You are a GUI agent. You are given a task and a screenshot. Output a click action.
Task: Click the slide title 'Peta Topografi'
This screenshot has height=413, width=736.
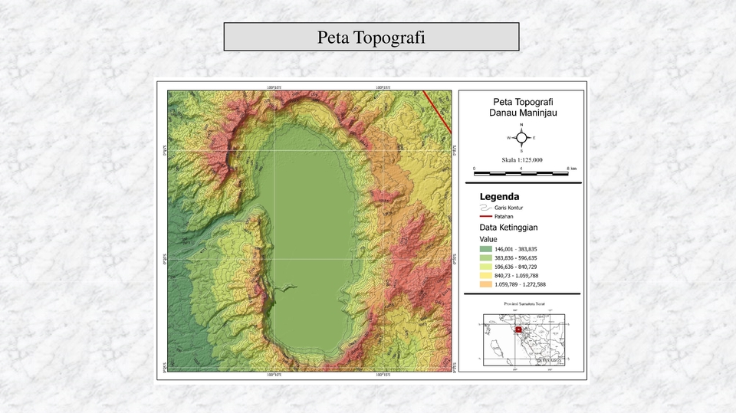tap(371, 37)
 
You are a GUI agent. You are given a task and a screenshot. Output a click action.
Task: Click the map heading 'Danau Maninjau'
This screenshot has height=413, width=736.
tap(522, 113)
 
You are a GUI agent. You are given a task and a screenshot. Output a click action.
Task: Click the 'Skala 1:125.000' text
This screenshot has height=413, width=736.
tap(521, 159)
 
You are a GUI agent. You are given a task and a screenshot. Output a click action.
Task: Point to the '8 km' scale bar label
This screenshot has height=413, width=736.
tap(571, 168)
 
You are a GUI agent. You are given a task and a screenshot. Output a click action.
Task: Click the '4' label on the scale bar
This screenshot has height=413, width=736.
tap(521, 168)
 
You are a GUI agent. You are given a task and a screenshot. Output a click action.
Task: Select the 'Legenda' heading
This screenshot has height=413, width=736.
tap(499, 197)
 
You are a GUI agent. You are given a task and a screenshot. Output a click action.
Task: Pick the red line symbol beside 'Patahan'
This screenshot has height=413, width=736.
tap(485, 217)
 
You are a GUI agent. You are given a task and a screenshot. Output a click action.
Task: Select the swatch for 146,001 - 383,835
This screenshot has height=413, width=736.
tap(485, 250)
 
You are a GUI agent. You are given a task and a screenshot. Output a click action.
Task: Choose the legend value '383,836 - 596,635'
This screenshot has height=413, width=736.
tap(516, 258)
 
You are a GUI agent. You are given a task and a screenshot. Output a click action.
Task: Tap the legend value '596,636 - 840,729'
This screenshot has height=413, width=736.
tap(516, 267)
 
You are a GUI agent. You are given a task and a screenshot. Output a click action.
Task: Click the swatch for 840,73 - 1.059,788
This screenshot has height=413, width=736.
tap(485, 276)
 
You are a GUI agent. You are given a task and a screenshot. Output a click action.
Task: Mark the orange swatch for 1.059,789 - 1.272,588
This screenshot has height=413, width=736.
tap(485, 284)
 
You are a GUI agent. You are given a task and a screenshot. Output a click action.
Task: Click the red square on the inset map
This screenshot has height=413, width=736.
tap(518, 330)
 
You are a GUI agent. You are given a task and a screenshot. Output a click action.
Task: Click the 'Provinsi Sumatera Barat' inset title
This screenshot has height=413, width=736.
tap(522, 304)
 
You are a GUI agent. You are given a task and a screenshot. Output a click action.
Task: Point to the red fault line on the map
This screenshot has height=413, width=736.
tap(438, 107)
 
